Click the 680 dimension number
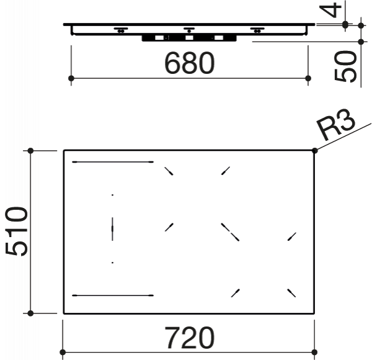[189, 63]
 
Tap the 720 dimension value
[189, 338]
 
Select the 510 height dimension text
[16, 232]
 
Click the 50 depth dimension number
[345, 66]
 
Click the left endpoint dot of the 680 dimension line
[71, 78]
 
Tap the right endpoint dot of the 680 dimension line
[308, 78]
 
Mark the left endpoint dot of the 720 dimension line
[63, 352]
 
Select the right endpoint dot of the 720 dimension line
[314, 352]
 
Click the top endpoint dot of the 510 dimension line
[30, 151]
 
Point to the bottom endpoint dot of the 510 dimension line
[30, 313]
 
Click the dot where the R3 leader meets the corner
[315, 150]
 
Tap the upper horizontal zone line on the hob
[113, 162]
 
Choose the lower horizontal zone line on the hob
[113, 295]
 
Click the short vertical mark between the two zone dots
[112, 229]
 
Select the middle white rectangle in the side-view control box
[189, 38]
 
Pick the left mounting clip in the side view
[121, 30]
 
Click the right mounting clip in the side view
[257, 30]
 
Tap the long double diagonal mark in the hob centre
[230, 232]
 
